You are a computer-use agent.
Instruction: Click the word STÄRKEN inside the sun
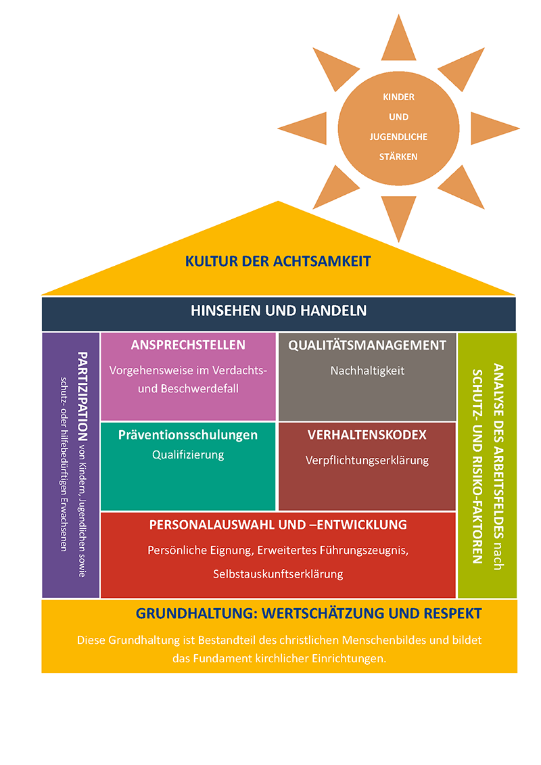pyautogui.click(x=398, y=156)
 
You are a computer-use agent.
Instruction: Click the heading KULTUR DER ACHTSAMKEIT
pyautogui.click(x=278, y=260)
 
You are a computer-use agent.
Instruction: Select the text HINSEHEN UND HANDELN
pyautogui.click(x=279, y=310)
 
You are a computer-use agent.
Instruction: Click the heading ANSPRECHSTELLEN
pyautogui.click(x=188, y=345)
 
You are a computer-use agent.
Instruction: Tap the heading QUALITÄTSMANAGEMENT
pyautogui.click(x=367, y=345)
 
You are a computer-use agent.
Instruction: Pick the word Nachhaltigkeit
pyautogui.click(x=367, y=371)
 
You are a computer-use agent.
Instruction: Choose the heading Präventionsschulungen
pyautogui.click(x=188, y=435)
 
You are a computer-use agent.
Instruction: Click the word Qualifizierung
pyautogui.click(x=188, y=455)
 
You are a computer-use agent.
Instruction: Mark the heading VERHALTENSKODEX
pyautogui.click(x=367, y=434)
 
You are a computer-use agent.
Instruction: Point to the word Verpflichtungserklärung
pyautogui.click(x=367, y=460)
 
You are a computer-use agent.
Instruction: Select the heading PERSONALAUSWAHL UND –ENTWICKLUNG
pyautogui.click(x=278, y=524)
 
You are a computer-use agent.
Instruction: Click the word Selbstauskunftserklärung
pyautogui.click(x=278, y=574)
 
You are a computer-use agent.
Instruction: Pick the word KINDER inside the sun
pyautogui.click(x=398, y=97)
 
